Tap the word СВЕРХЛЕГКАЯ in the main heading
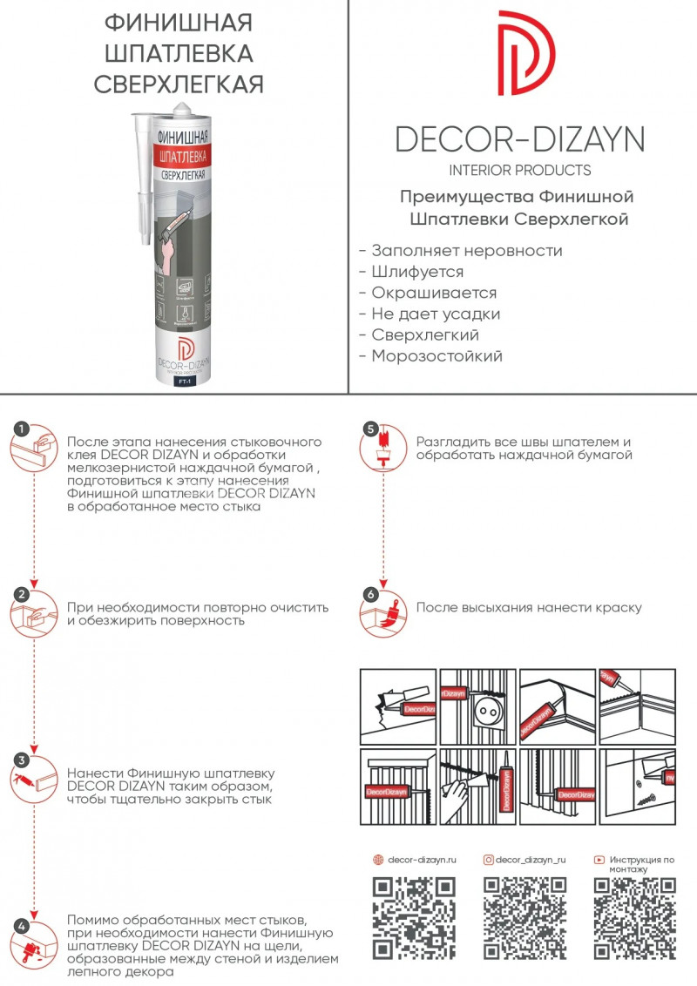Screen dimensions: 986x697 tap(178, 84)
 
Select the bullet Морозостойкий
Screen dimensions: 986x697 tap(436, 355)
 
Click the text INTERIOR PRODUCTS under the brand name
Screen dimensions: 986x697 tap(519, 170)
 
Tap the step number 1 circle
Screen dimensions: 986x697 tap(23, 429)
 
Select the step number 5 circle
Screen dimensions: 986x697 tap(371, 429)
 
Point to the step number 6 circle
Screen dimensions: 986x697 tap(371, 595)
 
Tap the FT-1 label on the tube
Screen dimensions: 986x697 tap(184, 381)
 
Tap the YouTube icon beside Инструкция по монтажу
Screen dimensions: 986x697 tap(599, 860)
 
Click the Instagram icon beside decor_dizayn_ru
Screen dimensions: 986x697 tap(489, 860)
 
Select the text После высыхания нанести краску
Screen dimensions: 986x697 tap(529, 607)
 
